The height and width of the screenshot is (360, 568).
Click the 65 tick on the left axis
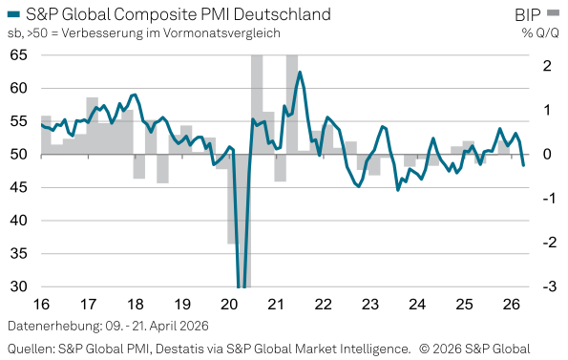tap(19, 55)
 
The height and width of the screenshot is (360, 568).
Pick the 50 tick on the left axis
tap(19, 155)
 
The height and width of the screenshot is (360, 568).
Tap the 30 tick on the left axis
tap(19, 286)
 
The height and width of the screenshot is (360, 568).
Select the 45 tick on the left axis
tap(19, 187)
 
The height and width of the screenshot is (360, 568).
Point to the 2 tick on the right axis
tap(547, 66)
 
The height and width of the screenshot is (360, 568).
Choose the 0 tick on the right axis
tap(547, 155)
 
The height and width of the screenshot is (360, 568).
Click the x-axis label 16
tap(42, 305)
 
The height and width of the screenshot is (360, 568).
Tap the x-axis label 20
tap(229, 305)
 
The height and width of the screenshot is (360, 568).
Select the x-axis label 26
tap(510, 305)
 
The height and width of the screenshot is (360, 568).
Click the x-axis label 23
tap(369, 305)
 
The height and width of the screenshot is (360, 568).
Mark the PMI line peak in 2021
tap(300, 73)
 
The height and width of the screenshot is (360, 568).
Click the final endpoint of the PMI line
tap(523, 166)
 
